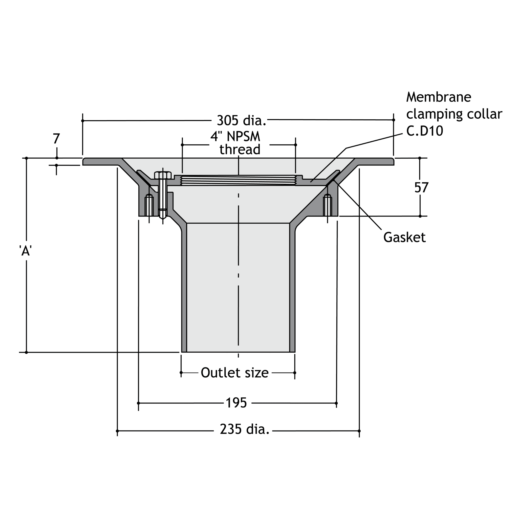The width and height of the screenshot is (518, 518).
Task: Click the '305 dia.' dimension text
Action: point(241,120)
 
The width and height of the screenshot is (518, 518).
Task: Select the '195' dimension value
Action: point(236,403)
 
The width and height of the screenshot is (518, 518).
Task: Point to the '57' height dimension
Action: point(421,187)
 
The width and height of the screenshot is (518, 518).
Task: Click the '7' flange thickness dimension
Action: point(56,139)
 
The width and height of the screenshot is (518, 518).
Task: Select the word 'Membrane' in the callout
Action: point(438,97)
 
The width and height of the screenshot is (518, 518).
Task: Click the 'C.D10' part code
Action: point(424,131)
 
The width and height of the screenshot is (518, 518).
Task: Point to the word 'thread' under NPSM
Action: point(240,149)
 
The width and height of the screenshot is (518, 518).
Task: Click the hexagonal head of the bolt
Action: point(163,175)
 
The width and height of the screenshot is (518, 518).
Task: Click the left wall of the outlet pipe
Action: point(184,290)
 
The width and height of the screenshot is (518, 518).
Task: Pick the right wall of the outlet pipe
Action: point(292,290)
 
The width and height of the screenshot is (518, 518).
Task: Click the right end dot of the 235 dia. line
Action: point(359,431)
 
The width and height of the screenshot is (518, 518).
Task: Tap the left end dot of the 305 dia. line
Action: point(82,121)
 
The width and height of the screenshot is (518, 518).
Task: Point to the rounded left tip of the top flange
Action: point(84,161)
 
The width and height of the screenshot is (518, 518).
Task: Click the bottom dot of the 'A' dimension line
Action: point(26,352)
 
